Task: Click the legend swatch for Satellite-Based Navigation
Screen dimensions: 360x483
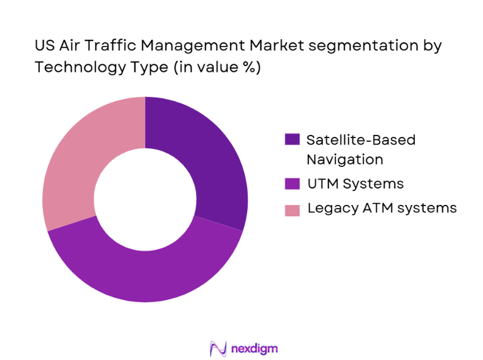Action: [x=293, y=140]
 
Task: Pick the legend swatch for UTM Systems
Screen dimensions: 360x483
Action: [x=293, y=184]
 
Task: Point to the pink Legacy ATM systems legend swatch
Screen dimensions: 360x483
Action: [x=293, y=209]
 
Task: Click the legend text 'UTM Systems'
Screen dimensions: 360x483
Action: [x=354, y=184]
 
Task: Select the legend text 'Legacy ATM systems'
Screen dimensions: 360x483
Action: [x=381, y=208]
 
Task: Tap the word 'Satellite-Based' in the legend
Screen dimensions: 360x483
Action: [x=361, y=140]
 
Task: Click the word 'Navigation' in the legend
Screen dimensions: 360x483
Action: [x=344, y=160]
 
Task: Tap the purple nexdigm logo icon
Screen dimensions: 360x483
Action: [x=217, y=348]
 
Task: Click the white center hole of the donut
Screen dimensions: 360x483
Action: [x=145, y=199]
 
